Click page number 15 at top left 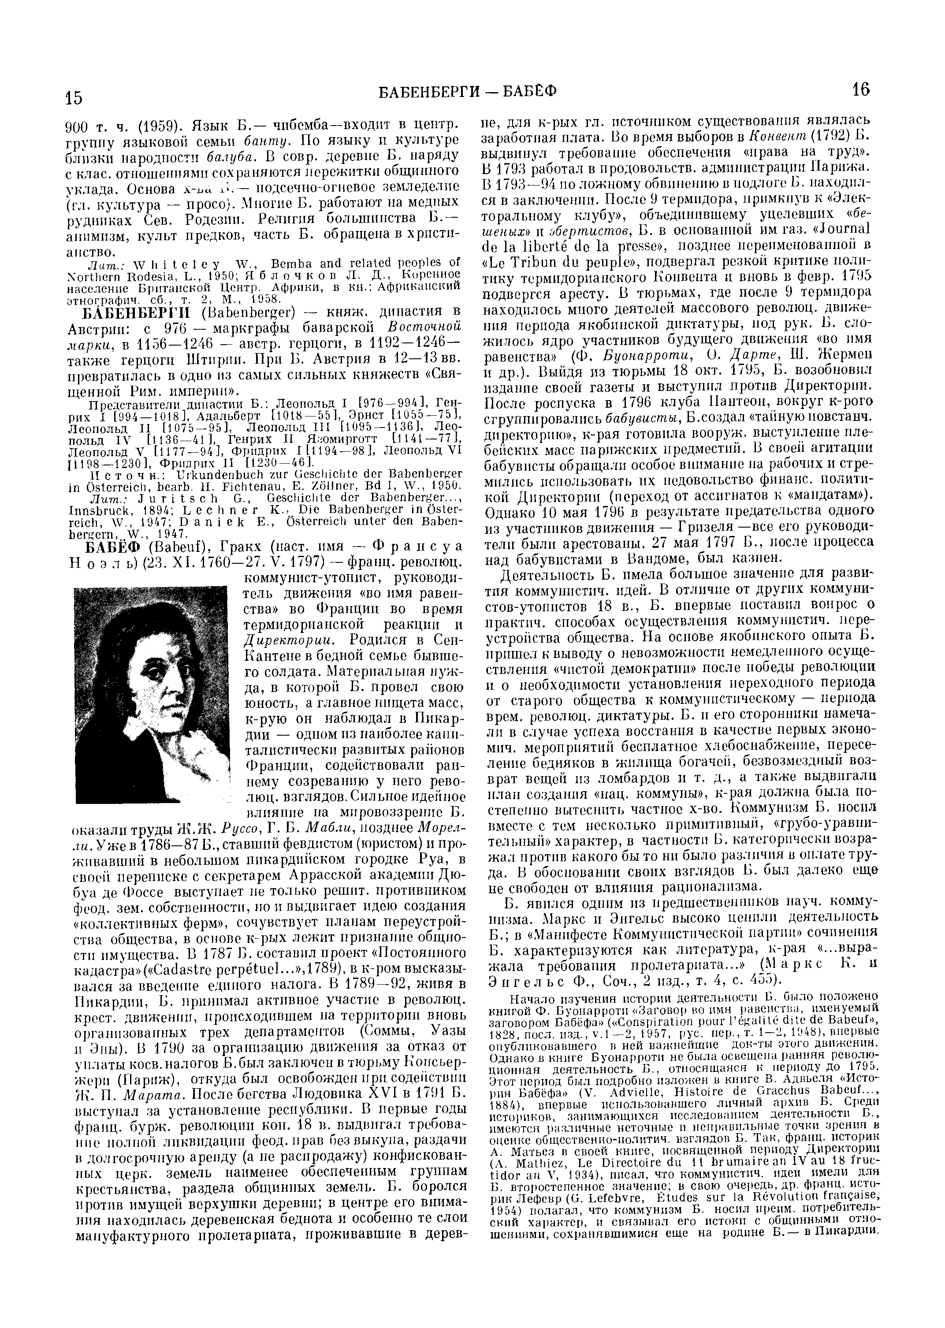point(74,98)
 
